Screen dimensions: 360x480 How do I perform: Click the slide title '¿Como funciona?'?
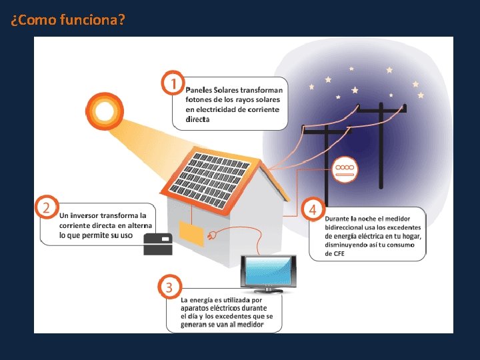[67, 19]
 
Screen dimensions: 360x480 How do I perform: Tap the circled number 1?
[173, 84]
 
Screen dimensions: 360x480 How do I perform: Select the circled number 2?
[47, 207]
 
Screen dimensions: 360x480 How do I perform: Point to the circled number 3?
[169, 287]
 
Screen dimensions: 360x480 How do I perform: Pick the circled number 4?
[311, 209]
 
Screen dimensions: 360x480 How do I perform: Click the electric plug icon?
[213, 237]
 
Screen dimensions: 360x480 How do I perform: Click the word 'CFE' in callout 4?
[335, 254]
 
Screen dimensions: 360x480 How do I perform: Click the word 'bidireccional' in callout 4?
[345, 227]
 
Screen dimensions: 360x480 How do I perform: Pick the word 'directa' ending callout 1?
[197, 119]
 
